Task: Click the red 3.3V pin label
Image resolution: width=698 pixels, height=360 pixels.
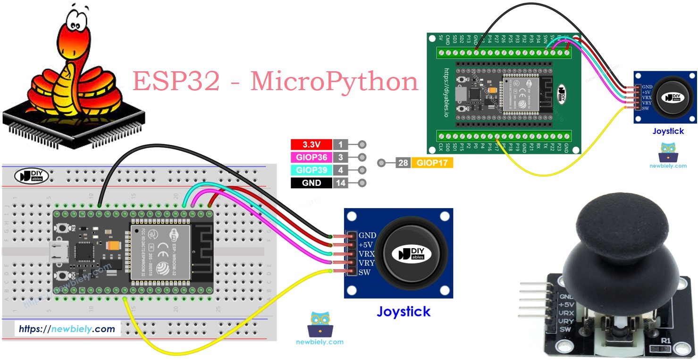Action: tap(311, 145)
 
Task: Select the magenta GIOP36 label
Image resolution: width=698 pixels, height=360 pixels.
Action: tap(311, 158)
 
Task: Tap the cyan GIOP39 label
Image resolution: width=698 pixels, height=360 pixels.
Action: tap(311, 170)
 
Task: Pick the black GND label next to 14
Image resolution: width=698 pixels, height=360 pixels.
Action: tap(311, 183)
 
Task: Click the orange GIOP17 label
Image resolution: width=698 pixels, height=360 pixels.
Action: tap(432, 163)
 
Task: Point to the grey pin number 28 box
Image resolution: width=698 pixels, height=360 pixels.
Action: tap(403, 163)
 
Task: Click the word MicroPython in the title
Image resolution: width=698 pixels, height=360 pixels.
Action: tap(334, 81)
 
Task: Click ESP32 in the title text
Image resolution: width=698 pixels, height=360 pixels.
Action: tap(176, 81)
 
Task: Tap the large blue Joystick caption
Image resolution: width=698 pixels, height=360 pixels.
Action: tap(403, 311)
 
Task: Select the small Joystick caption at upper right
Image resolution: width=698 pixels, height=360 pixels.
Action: tap(668, 131)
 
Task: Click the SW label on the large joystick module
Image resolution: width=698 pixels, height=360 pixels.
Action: tap(364, 273)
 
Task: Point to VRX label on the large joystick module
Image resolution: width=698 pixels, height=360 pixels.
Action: tap(367, 254)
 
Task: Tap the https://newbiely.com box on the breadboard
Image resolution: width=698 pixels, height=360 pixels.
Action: tap(67, 329)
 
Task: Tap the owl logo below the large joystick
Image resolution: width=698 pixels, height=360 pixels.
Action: tap(320, 324)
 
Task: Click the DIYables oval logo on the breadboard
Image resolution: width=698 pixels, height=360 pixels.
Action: tap(31, 176)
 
